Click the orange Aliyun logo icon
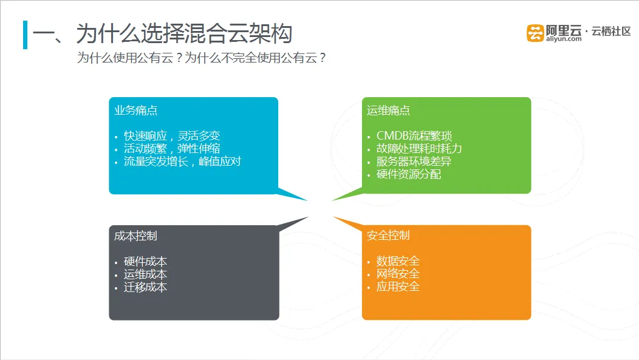[535, 33]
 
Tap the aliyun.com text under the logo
[564, 39]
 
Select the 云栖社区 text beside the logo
[611, 32]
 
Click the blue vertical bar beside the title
[26, 35]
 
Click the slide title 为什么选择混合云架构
[184, 33]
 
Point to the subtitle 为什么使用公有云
[130, 58]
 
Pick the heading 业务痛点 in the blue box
[135, 110]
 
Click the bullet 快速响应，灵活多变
[172, 135]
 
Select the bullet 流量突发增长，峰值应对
[182, 161]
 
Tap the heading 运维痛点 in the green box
[388, 110]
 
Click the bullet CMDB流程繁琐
[414, 135]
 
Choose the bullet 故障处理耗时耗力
[419, 149]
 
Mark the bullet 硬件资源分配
[409, 174]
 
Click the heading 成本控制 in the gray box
[135, 236]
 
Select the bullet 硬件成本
[146, 262]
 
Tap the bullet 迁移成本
[146, 287]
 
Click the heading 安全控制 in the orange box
[388, 236]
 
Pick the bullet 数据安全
[398, 260]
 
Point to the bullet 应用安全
[398, 287]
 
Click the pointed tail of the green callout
[332, 200]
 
